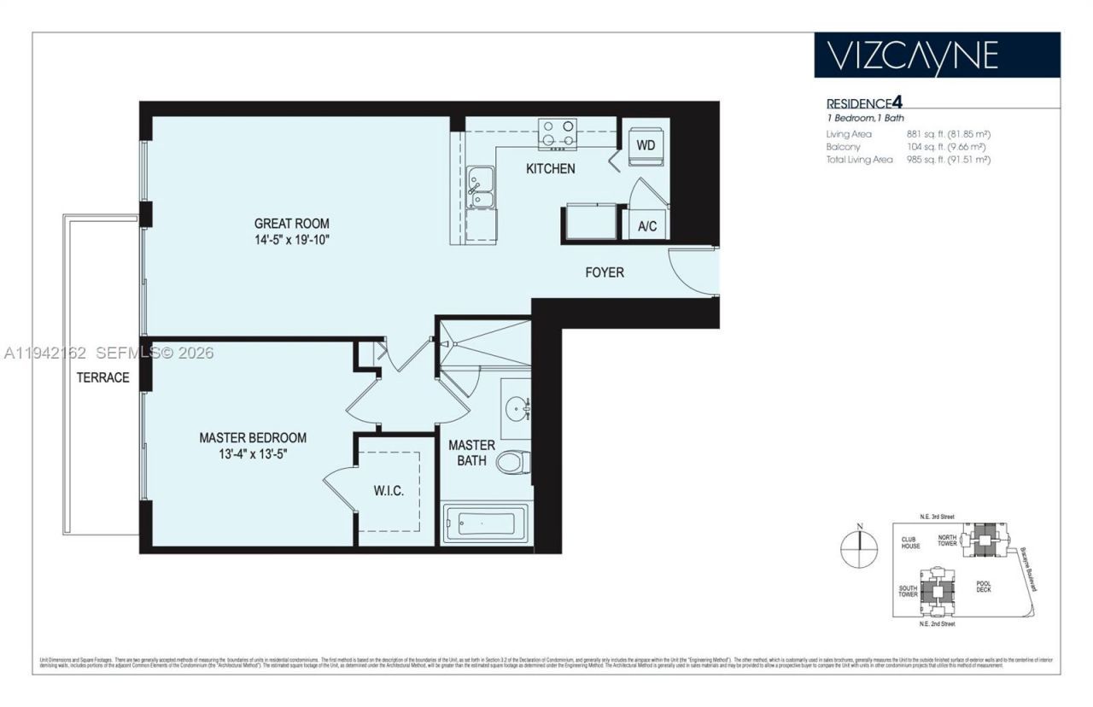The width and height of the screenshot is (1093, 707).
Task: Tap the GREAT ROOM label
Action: click(x=291, y=224)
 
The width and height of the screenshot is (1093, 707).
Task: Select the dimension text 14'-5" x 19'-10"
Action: click(x=291, y=241)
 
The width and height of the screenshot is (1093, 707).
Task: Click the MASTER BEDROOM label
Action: click(x=253, y=437)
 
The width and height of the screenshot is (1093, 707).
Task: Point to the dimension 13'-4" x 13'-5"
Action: click(x=253, y=454)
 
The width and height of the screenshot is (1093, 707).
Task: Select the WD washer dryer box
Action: click(x=646, y=145)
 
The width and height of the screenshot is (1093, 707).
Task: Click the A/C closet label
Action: click(x=647, y=226)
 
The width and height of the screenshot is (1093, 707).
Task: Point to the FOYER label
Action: click(x=604, y=272)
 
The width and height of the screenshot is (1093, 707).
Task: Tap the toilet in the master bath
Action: click(x=514, y=462)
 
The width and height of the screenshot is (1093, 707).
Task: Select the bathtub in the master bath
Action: click(x=484, y=522)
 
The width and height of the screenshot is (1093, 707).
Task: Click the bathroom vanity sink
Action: click(x=516, y=408)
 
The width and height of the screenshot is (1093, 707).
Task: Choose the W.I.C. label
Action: click(x=389, y=492)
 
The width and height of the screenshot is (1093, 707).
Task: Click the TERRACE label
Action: click(x=102, y=377)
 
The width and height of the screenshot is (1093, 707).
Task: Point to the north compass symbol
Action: click(x=860, y=547)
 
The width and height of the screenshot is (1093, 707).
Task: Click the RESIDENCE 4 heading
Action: click(x=863, y=103)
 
